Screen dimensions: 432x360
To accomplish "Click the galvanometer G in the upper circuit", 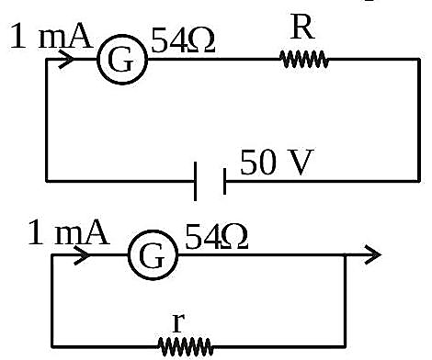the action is click(x=122, y=60).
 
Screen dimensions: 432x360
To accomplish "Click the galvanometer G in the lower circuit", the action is click(x=153, y=254).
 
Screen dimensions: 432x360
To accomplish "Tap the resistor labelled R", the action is click(x=304, y=59).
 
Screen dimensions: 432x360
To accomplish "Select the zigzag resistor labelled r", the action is click(x=186, y=346).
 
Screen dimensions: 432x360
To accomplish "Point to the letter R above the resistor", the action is click(x=302, y=27).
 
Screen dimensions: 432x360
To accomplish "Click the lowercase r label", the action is click(x=178, y=322).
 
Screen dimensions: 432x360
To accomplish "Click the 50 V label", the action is click(x=277, y=162).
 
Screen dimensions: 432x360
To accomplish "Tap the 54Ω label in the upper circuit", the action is click(x=183, y=40).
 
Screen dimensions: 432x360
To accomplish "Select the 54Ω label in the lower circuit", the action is click(x=216, y=236).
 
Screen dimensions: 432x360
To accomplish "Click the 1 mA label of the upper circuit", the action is click(x=51, y=36).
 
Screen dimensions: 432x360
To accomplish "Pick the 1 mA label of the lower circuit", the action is click(x=69, y=232).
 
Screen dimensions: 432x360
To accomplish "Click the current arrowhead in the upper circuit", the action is click(x=66, y=59).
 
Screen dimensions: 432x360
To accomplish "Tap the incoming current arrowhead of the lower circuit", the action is click(x=82, y=254).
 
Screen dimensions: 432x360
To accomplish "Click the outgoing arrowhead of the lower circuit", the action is click(x=373, y=254).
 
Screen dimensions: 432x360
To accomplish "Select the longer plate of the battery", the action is click(x=195, y=181).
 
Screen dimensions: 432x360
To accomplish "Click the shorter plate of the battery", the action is click(x=224, y=181).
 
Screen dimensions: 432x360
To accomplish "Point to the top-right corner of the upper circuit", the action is click(x=419, y=59).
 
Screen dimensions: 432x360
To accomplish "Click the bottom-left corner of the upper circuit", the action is click(x=47, y=181).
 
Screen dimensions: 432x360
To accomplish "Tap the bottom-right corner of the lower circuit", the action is click(x=345, y=347).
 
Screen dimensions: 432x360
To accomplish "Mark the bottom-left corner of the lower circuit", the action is click(x=52, y=347).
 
